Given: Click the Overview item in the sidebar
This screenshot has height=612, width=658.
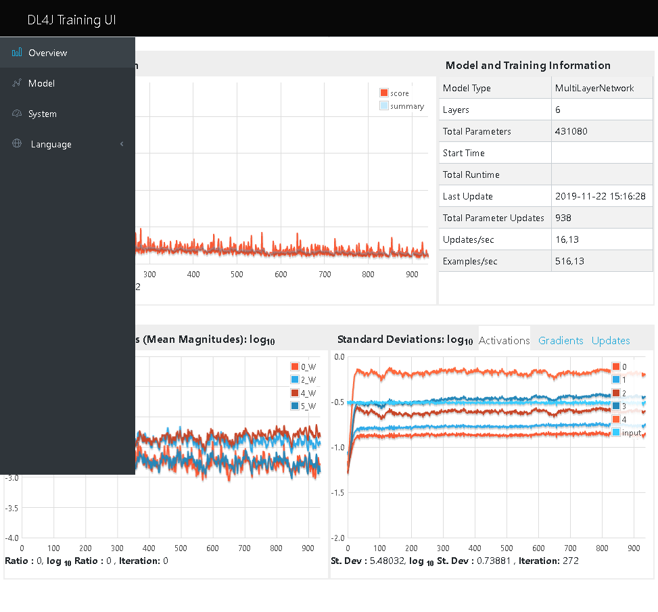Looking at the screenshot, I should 47,53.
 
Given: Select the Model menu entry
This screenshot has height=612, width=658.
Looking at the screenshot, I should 41,83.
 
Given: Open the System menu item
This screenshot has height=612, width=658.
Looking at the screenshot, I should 42,114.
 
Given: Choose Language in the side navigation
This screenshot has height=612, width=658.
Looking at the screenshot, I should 51,144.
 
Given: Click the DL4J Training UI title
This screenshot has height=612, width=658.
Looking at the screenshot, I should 72,20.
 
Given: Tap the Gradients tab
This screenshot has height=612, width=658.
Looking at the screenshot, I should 561,341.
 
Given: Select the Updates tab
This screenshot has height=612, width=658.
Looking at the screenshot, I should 611,341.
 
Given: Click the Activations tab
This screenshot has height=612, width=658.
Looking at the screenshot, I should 504,341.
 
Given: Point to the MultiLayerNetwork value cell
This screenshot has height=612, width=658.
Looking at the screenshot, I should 594,88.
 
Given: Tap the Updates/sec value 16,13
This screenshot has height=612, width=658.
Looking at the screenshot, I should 567,239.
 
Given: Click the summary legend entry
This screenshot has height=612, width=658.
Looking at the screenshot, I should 406,106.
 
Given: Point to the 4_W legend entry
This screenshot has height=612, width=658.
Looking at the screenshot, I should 308,393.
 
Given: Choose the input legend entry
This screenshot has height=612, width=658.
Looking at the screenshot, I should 630,432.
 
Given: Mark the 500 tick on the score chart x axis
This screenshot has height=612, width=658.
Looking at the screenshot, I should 237,275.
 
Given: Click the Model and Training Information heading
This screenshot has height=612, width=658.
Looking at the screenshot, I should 527,66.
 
